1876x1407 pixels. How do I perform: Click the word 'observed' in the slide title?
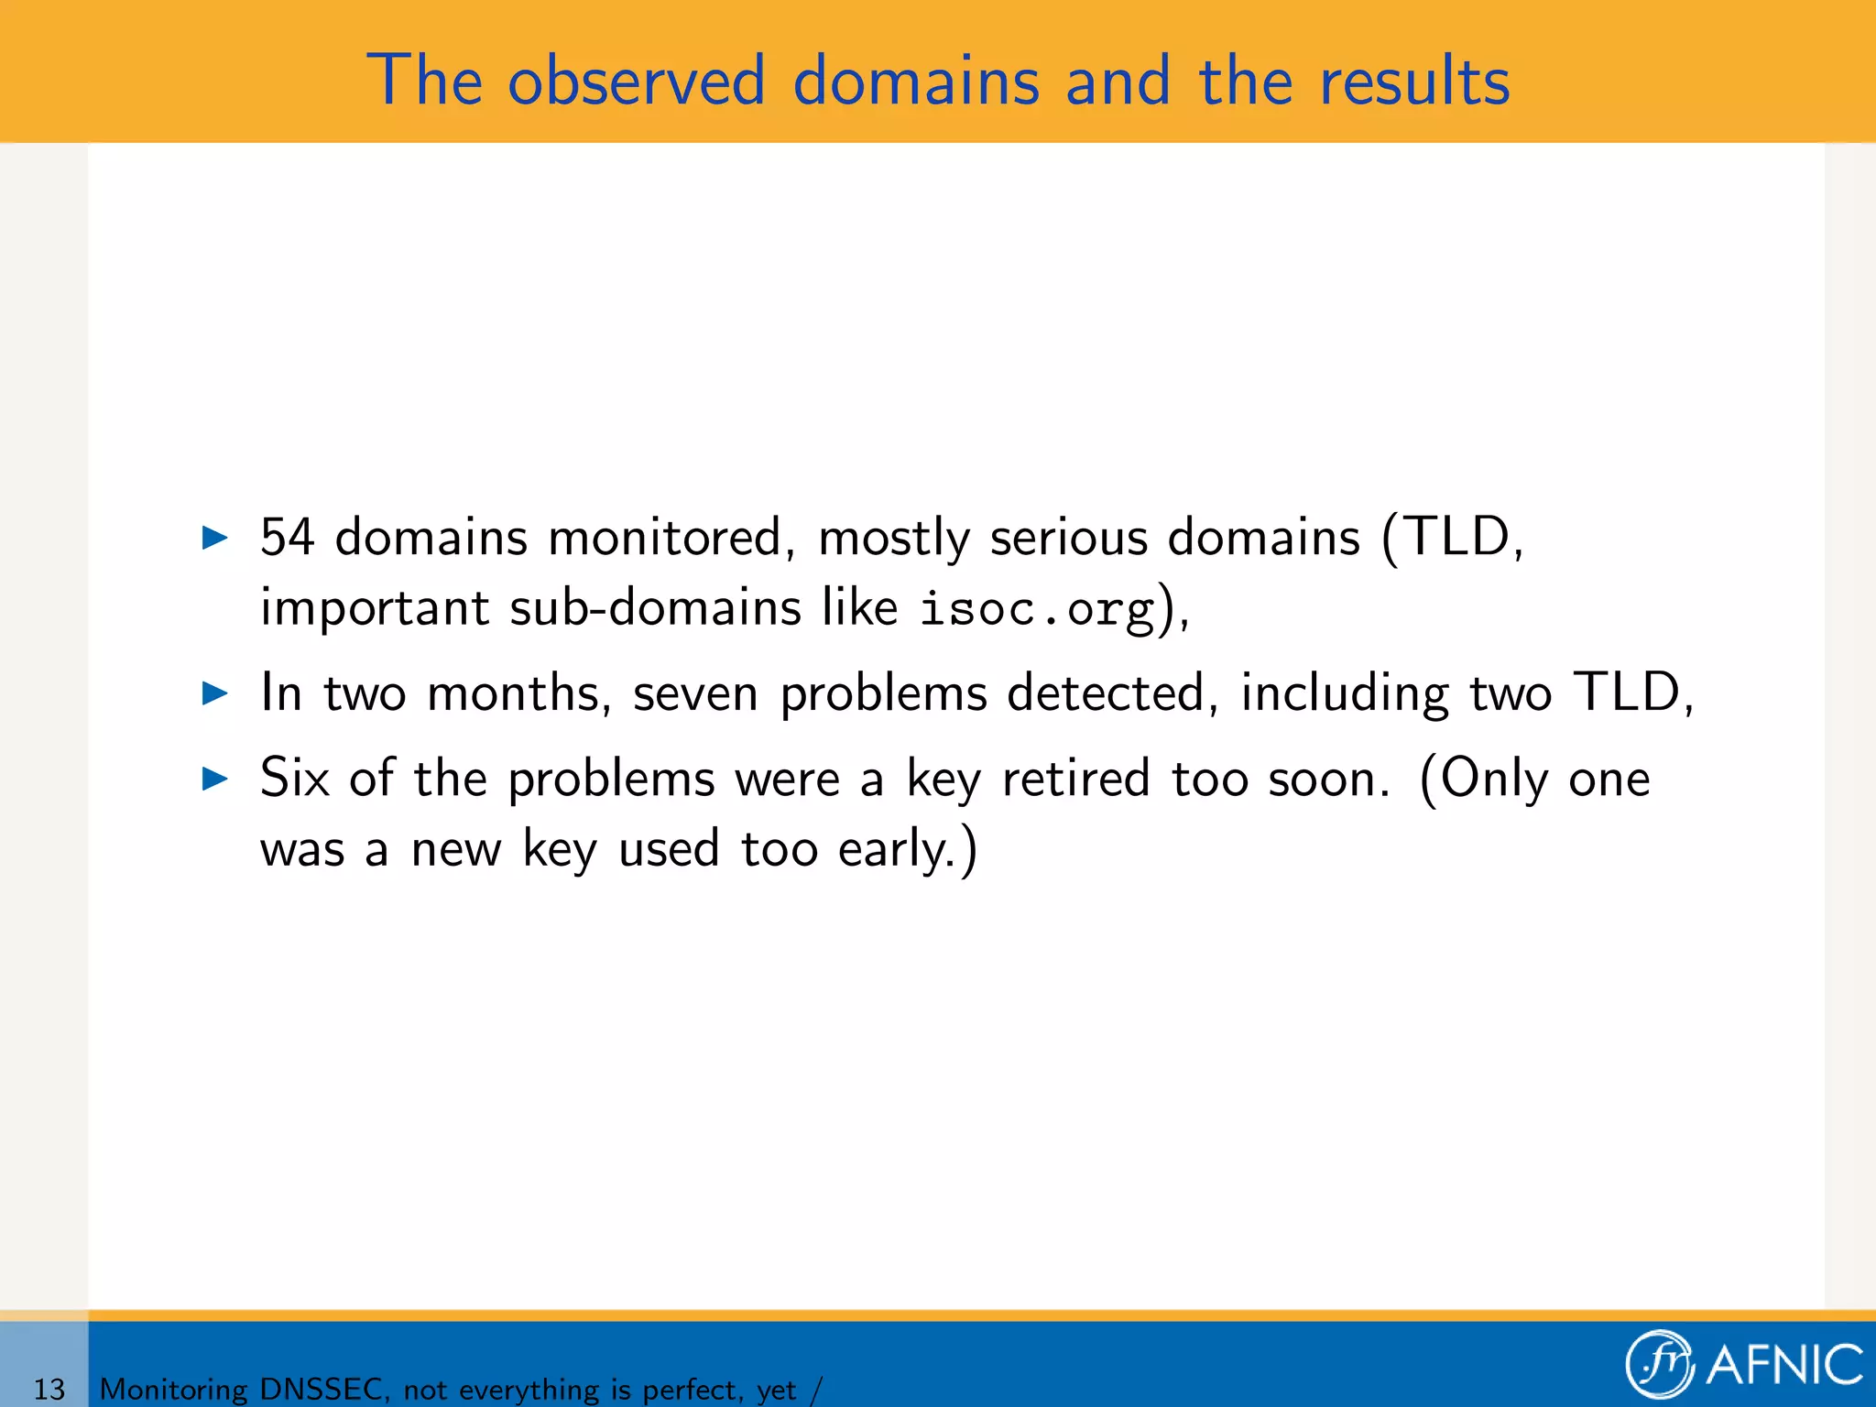click(636, 81)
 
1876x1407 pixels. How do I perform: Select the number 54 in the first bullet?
click(287, 537)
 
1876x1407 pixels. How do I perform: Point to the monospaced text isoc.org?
click(1037, 608)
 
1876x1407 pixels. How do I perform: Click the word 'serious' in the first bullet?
click(1068, 537)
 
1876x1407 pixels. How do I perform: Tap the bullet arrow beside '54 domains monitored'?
click(214, 538)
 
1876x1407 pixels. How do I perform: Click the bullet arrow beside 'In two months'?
click(214, 693)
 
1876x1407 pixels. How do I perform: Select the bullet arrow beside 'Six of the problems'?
click(214, 780)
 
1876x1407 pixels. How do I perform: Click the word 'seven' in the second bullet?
click(695, 693)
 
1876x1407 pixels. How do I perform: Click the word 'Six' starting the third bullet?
click(294, 779)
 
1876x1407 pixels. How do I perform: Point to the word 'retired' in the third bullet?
click(1075, 779)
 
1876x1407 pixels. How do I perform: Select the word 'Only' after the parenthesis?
click(1493, 779)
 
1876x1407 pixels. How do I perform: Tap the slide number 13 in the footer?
click(49, 1389)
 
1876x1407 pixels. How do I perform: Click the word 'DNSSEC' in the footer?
click(321, 1389)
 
